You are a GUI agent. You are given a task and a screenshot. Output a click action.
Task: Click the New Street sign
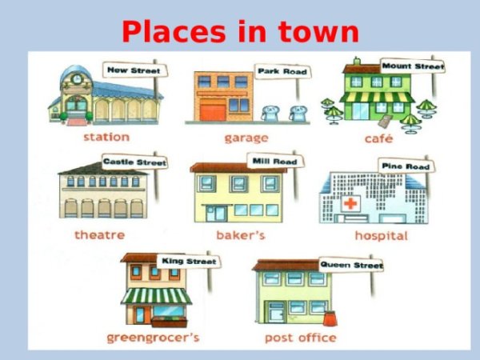(135, 70)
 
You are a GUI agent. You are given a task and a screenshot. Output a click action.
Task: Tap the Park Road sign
(282, 72)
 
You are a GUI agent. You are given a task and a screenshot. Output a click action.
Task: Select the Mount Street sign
(412, 66)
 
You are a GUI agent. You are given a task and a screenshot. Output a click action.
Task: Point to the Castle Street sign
(134, 162)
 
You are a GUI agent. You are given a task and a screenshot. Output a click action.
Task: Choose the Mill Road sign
(275, 162)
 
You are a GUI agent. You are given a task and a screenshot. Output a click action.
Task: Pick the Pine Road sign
(406, 166)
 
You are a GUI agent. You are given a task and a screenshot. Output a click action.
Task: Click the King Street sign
(189, 261)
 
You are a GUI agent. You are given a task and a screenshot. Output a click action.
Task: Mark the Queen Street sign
(351, 265)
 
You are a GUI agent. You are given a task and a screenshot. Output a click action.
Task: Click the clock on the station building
(77, 79)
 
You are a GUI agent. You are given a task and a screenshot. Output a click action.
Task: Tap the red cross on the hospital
(350, 203)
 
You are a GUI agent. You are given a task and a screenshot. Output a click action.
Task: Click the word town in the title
(318, 32)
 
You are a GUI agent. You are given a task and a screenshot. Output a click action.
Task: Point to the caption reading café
(378, 138)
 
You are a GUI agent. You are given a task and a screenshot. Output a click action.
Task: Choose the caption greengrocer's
(153, 338)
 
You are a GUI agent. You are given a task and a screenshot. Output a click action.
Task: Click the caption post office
(301, 338)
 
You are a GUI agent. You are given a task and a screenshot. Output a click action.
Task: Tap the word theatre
(100, 235)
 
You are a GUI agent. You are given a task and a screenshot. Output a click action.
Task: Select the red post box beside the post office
(330, 318)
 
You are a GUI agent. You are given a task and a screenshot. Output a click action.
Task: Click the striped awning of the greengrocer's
(157, 296)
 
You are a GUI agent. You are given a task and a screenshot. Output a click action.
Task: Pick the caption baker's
(241, 235)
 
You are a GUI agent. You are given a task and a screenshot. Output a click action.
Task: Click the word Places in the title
(174, 32)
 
